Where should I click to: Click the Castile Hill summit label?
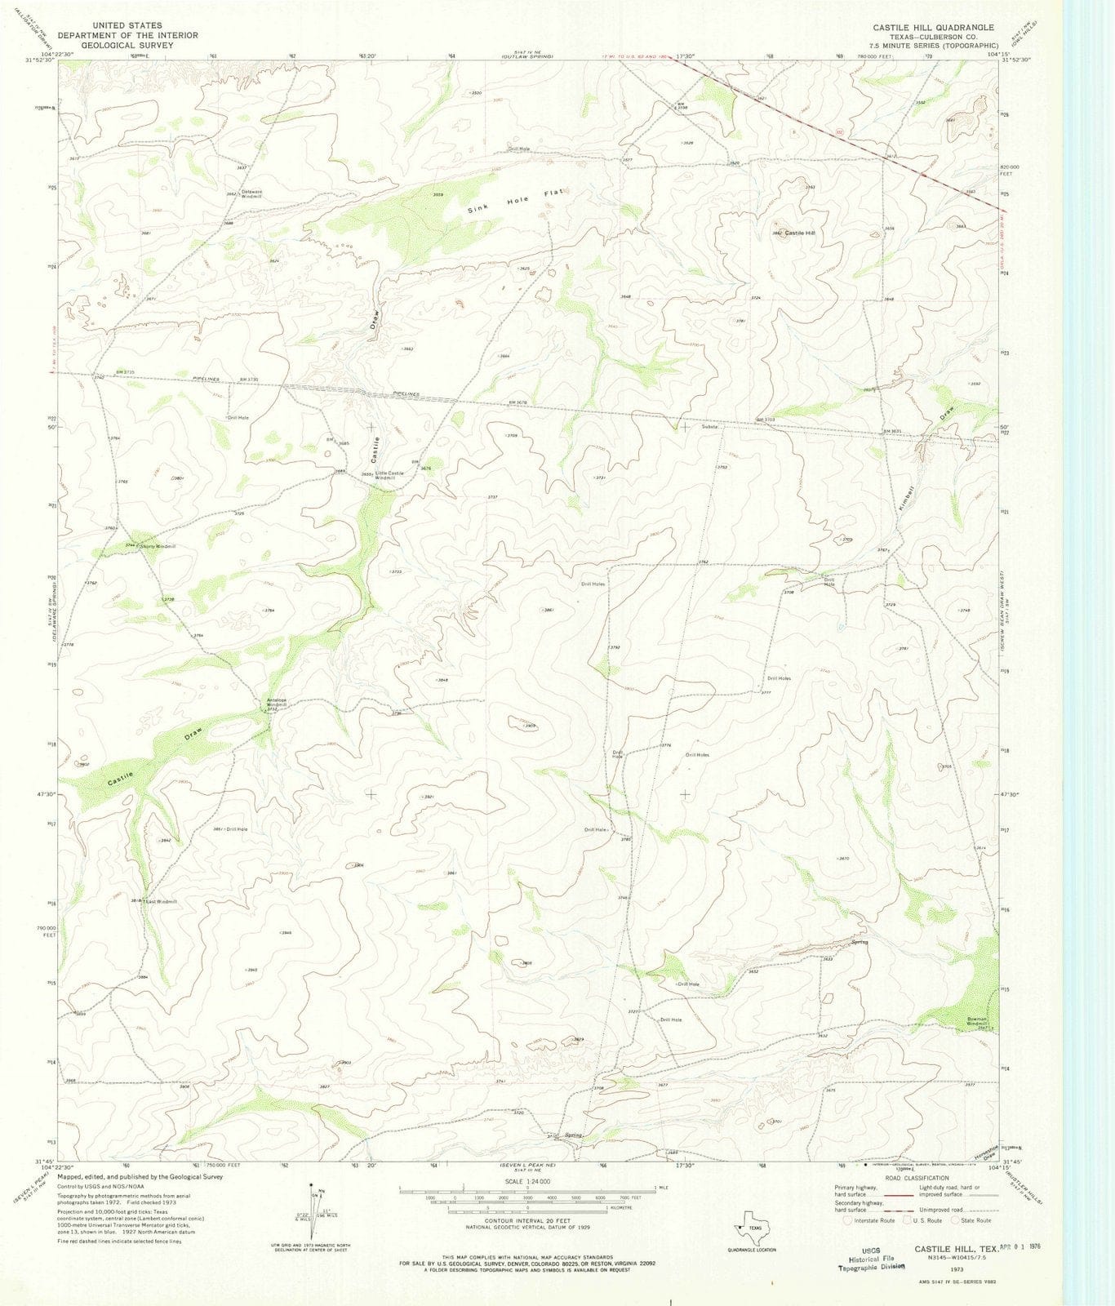(x=801, y=233)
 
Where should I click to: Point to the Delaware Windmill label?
(x=251, y=195)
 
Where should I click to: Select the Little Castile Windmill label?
(x=389, y=476)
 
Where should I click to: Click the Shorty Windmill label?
(x=158, y=546)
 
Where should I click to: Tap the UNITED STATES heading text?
(x=127, y=25)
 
